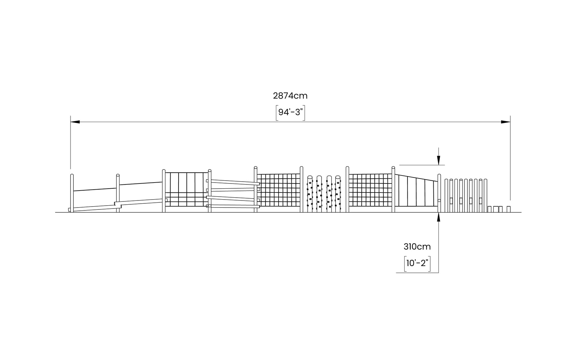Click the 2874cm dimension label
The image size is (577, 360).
point(290,96)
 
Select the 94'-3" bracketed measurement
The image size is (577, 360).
point(290,112)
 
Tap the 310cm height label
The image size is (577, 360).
point(417,247)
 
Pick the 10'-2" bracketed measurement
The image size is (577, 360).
point(417,263)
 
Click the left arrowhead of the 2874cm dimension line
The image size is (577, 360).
point(75,122)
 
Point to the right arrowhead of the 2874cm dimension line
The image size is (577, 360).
point(506,122)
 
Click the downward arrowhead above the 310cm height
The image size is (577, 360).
point(439,160)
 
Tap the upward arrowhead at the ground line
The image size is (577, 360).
point(439,217)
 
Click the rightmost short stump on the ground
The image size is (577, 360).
point(508,209)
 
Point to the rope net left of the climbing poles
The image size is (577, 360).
point(278,190)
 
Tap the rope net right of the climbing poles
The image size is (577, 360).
point(370,190)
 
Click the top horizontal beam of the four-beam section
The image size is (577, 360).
point(233,182)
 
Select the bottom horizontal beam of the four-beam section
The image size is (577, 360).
point(233,206)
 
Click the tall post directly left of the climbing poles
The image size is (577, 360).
point(301,189)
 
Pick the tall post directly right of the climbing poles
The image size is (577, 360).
point(347,189)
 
